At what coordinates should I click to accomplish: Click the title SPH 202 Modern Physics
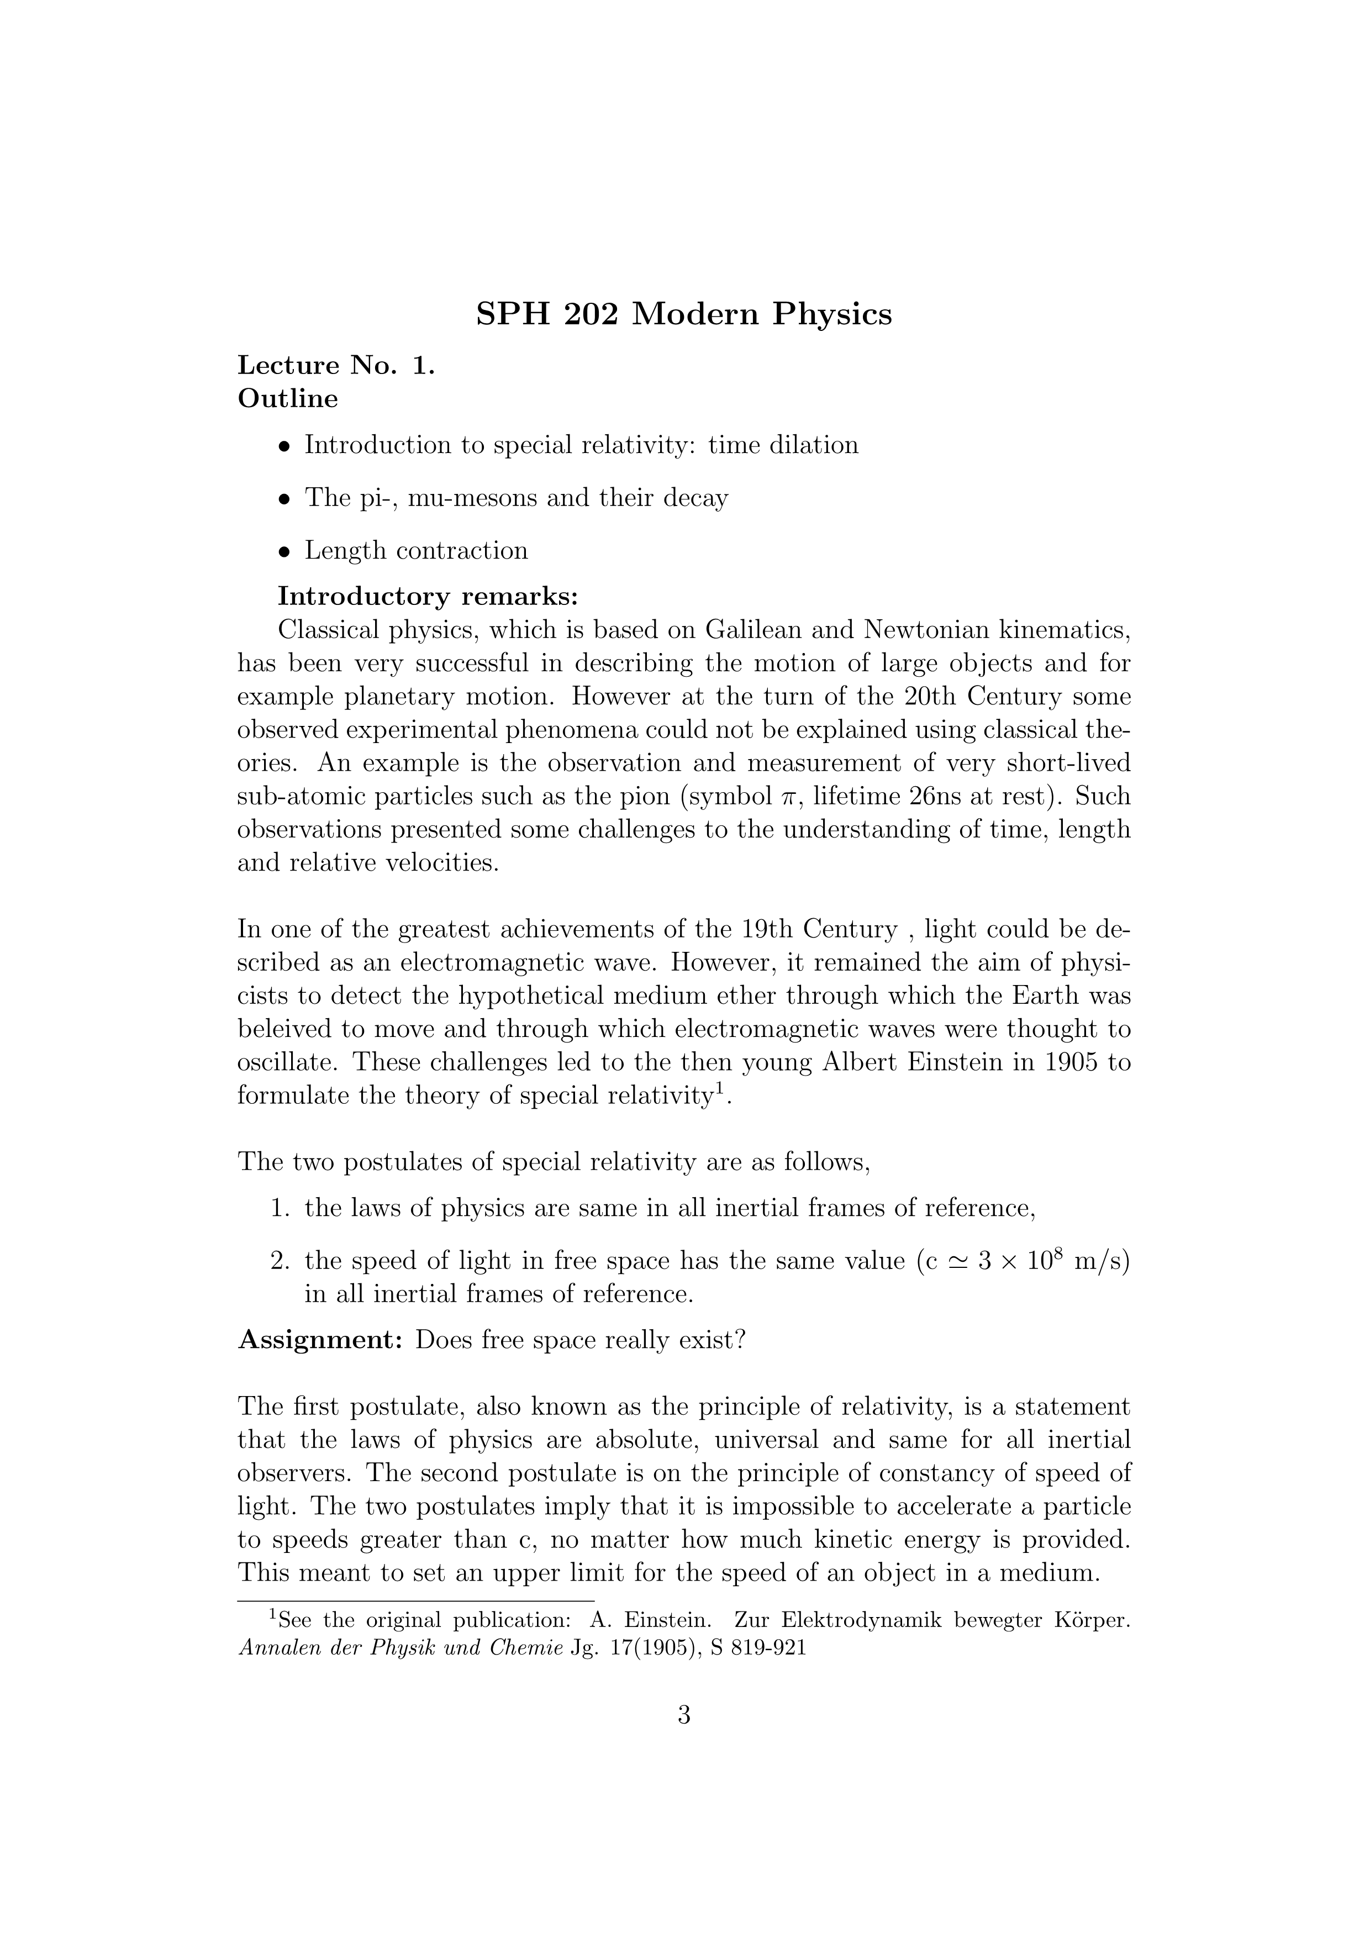click(684, 314)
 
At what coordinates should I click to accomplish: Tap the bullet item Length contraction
click(416, 550)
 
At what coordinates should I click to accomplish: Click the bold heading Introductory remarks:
click(428, 596)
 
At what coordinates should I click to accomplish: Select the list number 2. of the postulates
click(280, 1261)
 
